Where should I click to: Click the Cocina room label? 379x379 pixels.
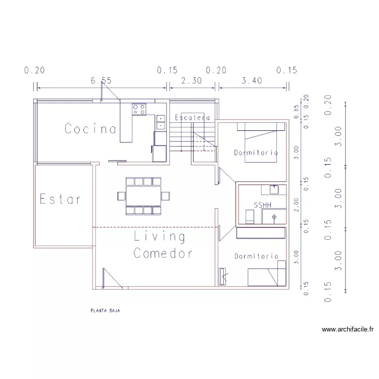tap(90, 129)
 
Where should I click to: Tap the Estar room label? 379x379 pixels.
tap(60, 199)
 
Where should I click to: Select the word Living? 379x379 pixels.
tap(159, 236)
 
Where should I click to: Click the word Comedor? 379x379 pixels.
tap(163, 253)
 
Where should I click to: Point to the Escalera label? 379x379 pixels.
tap(192, 118)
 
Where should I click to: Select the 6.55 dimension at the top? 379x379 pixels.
tap(101, 80)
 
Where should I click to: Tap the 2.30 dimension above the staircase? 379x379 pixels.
tap(192, 80)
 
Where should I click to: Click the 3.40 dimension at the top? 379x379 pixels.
tap(252, 80)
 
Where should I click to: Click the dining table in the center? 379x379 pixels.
tap(144, 196)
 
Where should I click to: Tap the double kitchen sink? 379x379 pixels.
tap(161, 122)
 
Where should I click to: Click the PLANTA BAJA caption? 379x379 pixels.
tap(105, 311)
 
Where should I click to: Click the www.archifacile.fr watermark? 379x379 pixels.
tap(348, 330)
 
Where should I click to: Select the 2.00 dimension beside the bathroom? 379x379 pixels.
tap(297, 204)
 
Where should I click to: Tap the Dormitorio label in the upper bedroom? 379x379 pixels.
tap(256, 152)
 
